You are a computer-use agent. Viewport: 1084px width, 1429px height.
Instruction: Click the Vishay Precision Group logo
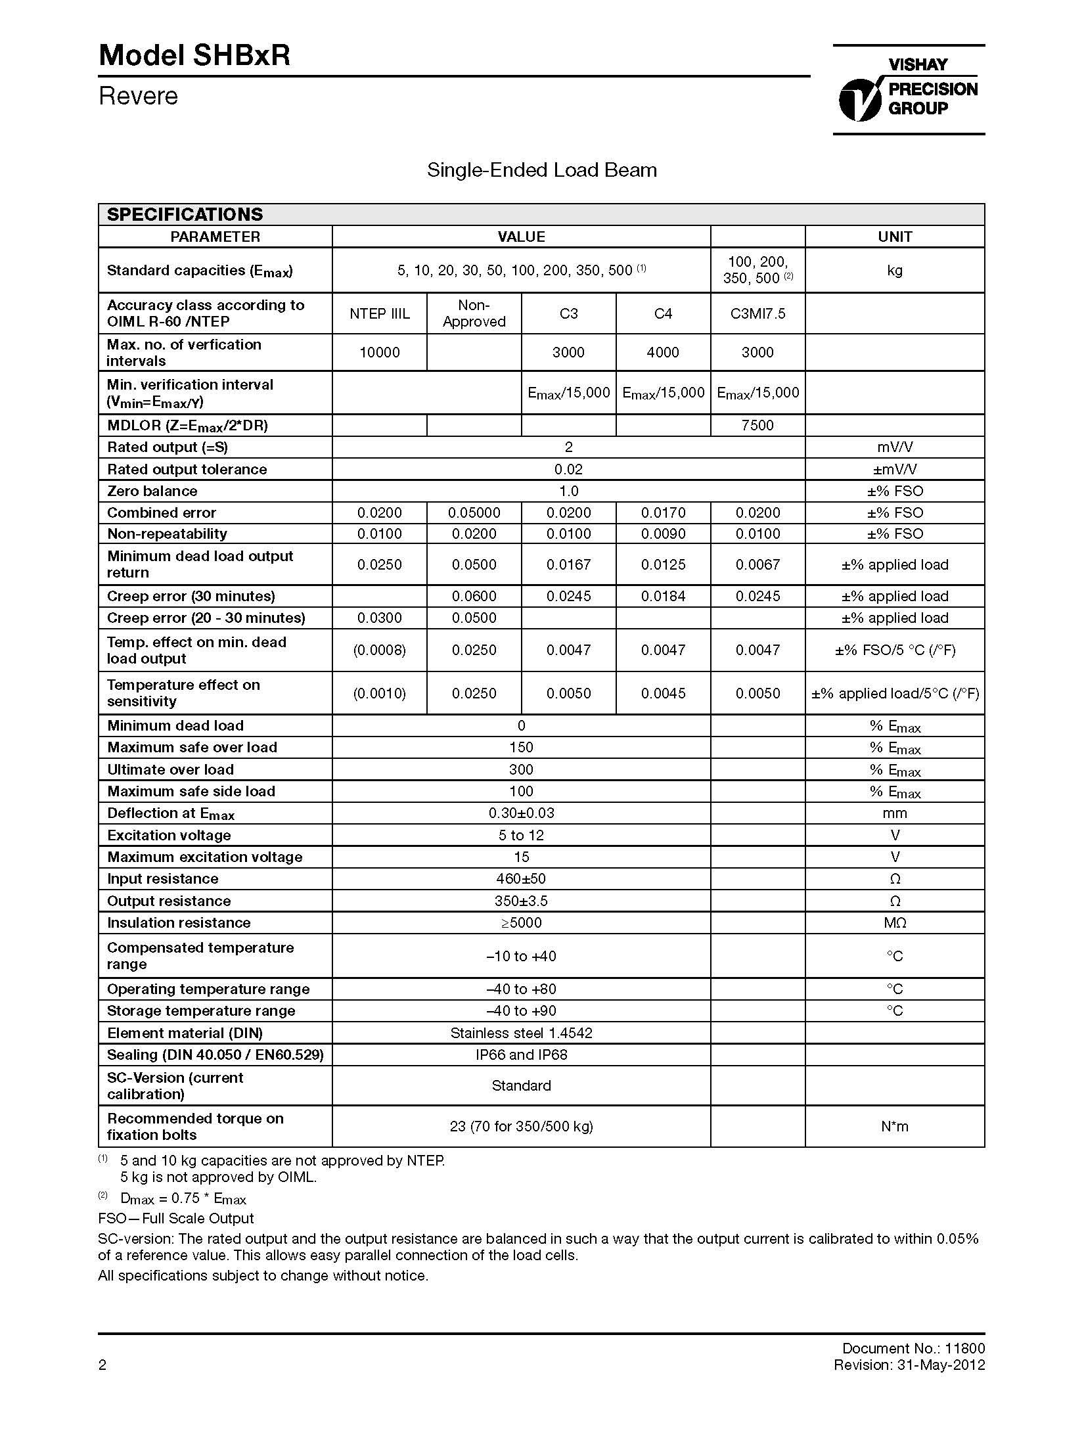click(x=909, y=90)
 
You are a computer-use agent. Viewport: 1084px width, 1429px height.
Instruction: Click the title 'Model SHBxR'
click(x=194, y=56)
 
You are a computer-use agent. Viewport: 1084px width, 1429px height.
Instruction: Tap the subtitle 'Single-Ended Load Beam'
click(x=541, y=170)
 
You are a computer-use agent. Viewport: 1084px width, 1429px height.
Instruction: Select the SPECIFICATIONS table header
click(x=185, y=215)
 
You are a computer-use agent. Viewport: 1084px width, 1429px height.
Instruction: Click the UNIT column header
click(x=894, y=237)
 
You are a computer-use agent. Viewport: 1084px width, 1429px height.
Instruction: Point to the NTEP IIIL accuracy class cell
click(x=379, y=313)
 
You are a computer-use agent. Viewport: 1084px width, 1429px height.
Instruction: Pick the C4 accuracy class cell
click(x=663, y=313)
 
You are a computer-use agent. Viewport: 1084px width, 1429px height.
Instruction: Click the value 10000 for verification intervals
click(x=379, y=352)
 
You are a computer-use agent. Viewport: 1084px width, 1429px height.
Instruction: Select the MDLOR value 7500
click(x=757, y=425)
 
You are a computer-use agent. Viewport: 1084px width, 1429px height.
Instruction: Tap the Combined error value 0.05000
click(x=474, y=512)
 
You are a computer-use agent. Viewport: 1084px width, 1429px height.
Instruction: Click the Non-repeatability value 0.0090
click(x=663, y=533)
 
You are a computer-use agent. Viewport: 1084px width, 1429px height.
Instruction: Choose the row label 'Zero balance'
click(x=152, y=491)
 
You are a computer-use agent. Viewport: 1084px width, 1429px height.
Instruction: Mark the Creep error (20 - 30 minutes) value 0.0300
click(x=379, y=618)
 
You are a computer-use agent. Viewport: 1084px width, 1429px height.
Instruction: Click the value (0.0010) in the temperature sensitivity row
click(x=379, y=693)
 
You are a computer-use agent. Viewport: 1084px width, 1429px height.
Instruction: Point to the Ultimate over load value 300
click(x=521, y=769)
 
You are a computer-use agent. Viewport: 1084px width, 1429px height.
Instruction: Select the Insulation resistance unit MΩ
click(x=894, y=922)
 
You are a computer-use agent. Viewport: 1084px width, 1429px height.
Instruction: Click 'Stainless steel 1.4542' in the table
click(x=521, y=1033)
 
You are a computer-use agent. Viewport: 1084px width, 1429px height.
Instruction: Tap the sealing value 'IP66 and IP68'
click(x=521, y=1055)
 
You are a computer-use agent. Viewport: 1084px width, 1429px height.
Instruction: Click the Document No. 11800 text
click(x=913, y=1348)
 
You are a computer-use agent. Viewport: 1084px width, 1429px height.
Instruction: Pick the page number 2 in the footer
click(x=102, y=1365)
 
